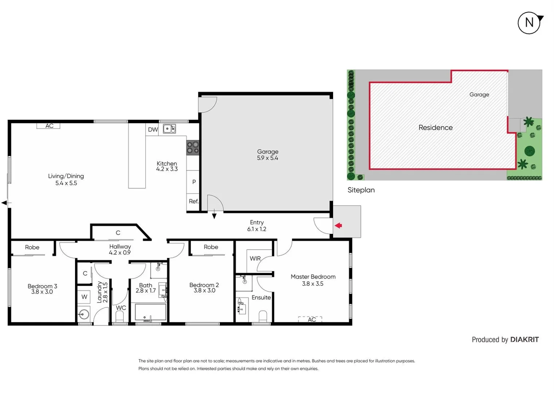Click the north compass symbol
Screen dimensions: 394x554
tap(529, 23)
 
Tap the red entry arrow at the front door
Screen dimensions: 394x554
tap(339, 225)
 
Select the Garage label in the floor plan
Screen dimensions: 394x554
tap(268, 155)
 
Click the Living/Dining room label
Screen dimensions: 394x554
tap(66, 179)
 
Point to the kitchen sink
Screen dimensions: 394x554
tap(169, 128)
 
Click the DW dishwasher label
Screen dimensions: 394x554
tap(153, 130)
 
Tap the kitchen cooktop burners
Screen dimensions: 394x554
tap(193, 147)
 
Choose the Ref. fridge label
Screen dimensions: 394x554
tap(194, 201)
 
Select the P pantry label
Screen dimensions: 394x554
tap(194, 182)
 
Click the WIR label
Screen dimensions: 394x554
tap(255, 258)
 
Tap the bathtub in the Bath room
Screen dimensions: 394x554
tap(151, 312)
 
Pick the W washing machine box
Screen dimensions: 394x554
tap(84, 297)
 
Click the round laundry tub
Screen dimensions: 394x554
tap(84, 314)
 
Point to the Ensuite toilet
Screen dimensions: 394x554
tap(263, 316)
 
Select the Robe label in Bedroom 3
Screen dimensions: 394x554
tap(32, 247)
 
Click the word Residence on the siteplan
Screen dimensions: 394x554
tap(436, 128)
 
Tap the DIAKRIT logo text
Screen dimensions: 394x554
tap(524, 340)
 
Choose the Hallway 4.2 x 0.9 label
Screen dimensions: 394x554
tap(120, 250)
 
